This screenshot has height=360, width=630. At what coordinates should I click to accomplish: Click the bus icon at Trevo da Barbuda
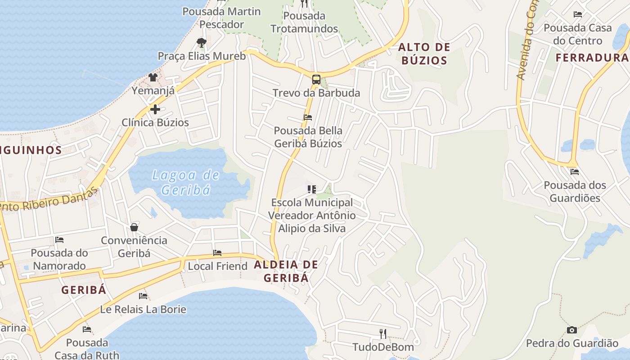pyautogui.click(x=316, y=80)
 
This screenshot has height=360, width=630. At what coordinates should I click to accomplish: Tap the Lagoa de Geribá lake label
pyautogui.click(x=185, y=182)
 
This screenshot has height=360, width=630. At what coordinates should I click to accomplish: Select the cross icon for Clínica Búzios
pyautogui.click(x=155, y=109)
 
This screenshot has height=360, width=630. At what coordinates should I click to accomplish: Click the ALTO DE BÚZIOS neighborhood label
pyautogui.click(x=424, y=54)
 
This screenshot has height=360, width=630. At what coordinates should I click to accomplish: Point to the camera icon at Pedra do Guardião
pyautogui.click(x=572, y=330)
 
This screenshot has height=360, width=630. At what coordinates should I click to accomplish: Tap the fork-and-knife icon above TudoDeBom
pyautogui.click(x=383, y=333)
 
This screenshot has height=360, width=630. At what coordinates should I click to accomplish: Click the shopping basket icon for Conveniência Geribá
pyautogui.click(x=134, y=227)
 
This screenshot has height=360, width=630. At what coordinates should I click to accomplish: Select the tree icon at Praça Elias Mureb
pyautogui.click(x=202, y=43)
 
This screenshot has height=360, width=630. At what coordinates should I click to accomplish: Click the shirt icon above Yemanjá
pyautogui.click(x=153, y=77)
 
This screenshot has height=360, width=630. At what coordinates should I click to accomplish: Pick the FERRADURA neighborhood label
pyautogui.click(x=591, y=58)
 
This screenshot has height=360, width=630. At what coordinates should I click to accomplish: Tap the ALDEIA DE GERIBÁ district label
pyautogui.click(x=286, y=271)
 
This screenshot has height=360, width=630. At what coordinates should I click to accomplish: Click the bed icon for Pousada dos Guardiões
pyautogui.click(x=575, y=171)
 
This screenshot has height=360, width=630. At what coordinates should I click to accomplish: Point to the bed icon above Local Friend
pyautogui.click(x=217, y=253)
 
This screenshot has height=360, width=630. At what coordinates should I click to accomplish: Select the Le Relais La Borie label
pyautogui.click(x=143, y=310)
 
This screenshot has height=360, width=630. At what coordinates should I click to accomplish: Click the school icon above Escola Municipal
pyautogui.click(x=312, y=189)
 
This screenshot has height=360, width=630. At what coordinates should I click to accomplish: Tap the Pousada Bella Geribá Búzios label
pyautogui.click(x=308, y=137)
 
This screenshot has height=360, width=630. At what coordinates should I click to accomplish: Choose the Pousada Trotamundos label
pyautogui.click(x=304, y=22)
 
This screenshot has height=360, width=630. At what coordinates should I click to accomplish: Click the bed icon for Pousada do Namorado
pyautogui.click(x=59, y=240)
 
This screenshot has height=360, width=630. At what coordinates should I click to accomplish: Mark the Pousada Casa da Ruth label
pyautogui.click(x=87, y=349)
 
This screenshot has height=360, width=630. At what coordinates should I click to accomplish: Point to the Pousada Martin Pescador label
pyautogui.click(x=221, y=18)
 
